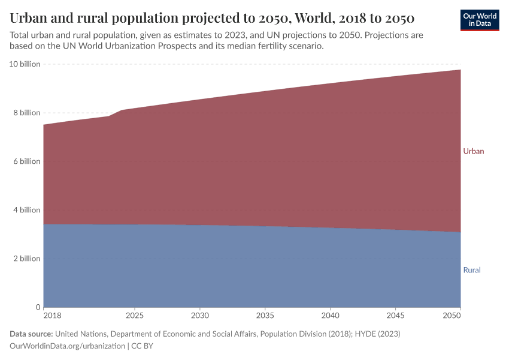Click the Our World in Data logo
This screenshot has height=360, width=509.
(x=479, y=20)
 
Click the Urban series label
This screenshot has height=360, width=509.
(x=473, y=151)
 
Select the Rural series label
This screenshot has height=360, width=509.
(x=472, y=270)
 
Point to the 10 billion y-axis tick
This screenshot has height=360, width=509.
(x=25, y=64)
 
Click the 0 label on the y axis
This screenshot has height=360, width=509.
(x=37, y=307)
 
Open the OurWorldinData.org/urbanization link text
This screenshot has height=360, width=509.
(x=68, y=346)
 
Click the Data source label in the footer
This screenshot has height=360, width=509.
(x=31, y=334)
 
